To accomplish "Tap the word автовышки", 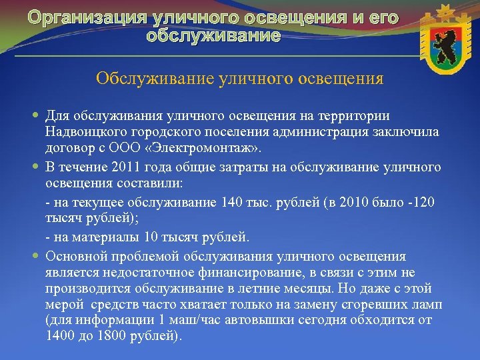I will pyautogui.click(x=267, y=321).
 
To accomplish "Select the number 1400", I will pyautogui.click(x=60, y=336).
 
